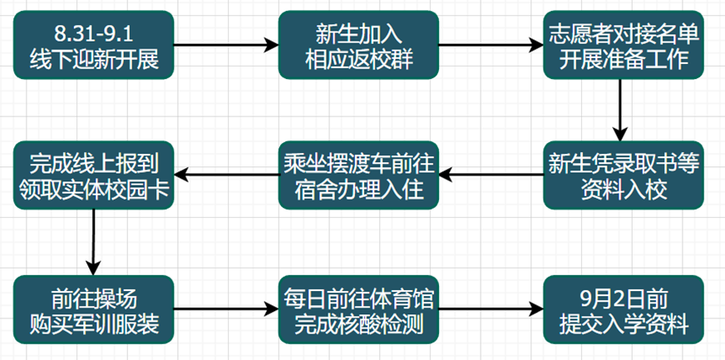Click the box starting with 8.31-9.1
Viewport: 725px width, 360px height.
93,46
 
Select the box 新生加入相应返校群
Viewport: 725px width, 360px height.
358,46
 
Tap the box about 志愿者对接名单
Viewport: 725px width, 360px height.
623,46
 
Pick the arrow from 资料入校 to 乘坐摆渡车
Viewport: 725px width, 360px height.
491,175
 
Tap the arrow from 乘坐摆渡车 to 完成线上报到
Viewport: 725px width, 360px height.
225,175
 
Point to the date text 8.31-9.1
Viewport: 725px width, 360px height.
93,34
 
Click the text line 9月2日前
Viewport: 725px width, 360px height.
623,296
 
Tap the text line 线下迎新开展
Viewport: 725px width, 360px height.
93,58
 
